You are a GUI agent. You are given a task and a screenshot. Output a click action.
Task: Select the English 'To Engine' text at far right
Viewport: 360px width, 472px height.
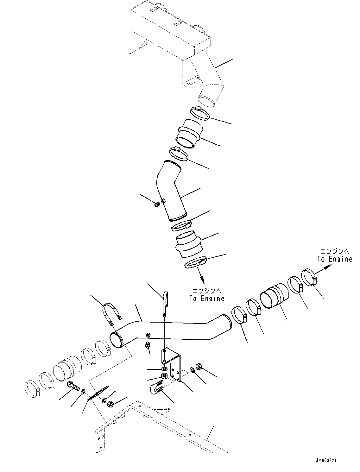[335, 259]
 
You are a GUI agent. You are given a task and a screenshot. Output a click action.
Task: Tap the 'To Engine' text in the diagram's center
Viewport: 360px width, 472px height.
[207, 298]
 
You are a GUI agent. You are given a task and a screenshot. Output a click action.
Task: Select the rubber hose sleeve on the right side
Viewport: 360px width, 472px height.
[274, 295]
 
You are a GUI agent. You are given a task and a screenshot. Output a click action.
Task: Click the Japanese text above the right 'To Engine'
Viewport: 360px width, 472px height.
[335, 251]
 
